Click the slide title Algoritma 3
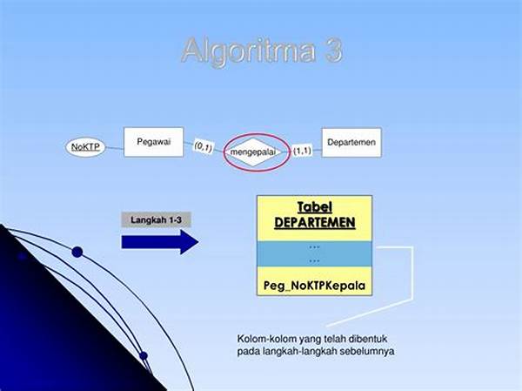tap(262, 51)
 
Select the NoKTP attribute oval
tap(85, 147)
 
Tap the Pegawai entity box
tap(153, 142)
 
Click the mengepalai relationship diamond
tap(253, 152)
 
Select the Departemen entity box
tap(351, 142)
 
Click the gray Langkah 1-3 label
tap(156, 219)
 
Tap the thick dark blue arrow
tap(160, 242)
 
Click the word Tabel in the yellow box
tap(315, 207)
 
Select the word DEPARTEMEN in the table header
tap(315, 223)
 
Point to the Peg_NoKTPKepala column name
tap(314, 286)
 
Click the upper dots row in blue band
tap(314, 247)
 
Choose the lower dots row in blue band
tap(314, 260)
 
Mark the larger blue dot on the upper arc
tap(77, 252)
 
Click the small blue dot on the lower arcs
tap(144, 356)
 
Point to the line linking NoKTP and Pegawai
tap(115, 148)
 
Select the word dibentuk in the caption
tap(368, 339)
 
